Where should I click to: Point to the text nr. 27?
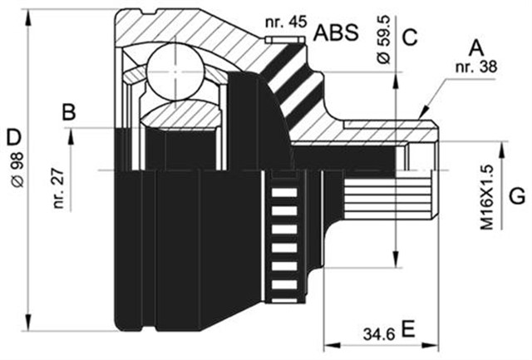click(x=58, y=188)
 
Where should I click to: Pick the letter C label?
click(x=408, y=37)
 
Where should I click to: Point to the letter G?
click(x=516, y=197)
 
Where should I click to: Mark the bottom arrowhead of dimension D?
click(x=30, y=325)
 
